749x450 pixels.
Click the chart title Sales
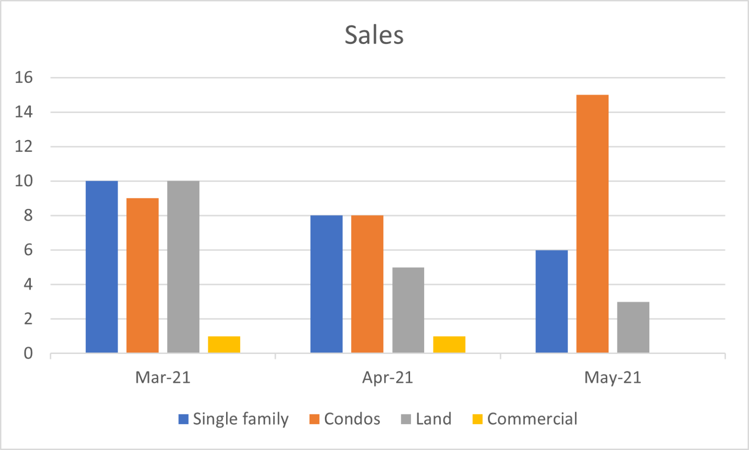pos(374,35)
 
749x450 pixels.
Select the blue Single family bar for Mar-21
pos(102,267)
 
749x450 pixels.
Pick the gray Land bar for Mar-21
pos(183,267)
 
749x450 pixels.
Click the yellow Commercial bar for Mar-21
pos(224,345)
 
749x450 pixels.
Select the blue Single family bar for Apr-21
pos(326,284)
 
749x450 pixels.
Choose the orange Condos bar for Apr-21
pos(367,284)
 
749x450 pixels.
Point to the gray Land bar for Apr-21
pos(408,310)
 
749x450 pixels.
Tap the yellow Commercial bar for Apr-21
pos(449,345)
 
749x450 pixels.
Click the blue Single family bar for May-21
pos(551,302)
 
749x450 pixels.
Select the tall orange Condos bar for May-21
pos(592,224)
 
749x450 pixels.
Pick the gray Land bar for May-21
pos(633,327)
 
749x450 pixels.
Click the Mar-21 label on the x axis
pos(163,377)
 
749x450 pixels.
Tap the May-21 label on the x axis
pos(613,377)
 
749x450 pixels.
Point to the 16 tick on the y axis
pos(24,78)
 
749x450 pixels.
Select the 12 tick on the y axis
pos(24,147)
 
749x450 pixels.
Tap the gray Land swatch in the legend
pos(406,419)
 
